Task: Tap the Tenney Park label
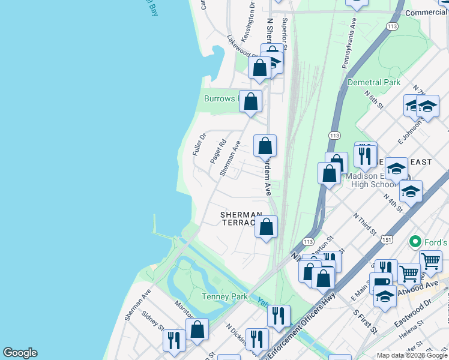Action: (223, 296)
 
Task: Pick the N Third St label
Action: (365, 223)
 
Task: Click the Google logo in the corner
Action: (20, 353)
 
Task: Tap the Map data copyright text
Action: (412, 355)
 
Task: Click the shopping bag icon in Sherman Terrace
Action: (266, 227)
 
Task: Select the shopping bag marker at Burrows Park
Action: (251, 101)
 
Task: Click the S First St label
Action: (364, 322)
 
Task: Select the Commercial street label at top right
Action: (427, 13)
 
